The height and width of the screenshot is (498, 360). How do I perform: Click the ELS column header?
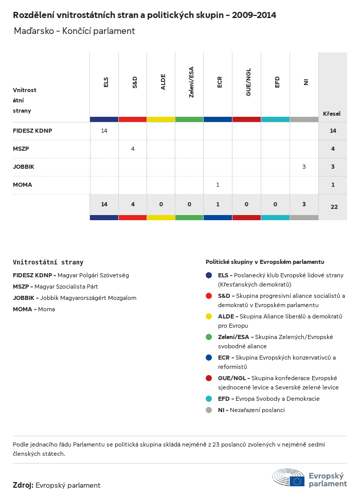coord(106,82)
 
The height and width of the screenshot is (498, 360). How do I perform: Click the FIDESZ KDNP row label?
coord(32,131)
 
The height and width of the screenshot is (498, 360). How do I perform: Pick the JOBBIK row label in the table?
coord(24,167)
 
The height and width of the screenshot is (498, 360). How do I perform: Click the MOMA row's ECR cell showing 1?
coord(218,185)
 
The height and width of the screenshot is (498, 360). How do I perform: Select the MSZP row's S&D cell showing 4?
coord(133,149)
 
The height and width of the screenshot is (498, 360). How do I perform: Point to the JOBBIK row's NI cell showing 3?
coord(304,167)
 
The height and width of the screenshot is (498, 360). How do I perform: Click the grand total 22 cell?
coord(334,207)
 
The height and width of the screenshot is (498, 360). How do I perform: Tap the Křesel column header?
coord(332,113)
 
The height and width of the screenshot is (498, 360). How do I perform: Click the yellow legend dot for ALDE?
coord(209,316)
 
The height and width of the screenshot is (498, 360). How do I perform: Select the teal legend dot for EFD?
coord(209,399)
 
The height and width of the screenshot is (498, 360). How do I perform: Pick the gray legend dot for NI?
coord(209,410)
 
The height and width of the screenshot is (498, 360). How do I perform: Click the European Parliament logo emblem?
coord(289,478)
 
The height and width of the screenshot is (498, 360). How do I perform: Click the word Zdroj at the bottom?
coord(23,485)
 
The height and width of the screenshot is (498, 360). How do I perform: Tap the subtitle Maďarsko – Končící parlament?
coord(75,31)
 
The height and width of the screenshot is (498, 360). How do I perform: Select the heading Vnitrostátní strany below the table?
coord(48,262)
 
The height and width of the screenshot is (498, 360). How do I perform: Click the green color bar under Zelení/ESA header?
coord(189,119)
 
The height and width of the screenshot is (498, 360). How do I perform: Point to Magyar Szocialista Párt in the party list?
coord(66,287)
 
